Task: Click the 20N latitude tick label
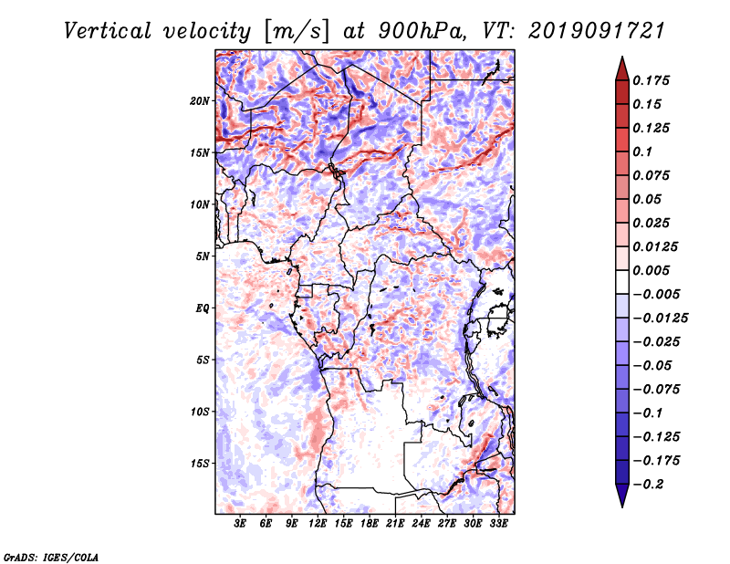coord(200,101)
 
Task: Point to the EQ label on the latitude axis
coord(202,308)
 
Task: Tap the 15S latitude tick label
coord(200,464)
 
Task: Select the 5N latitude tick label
coord(203,256)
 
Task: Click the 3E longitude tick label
coord(240,524)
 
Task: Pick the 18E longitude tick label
coord(370,524)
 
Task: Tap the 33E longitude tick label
coord(498,524)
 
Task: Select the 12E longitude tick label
coord(318,524)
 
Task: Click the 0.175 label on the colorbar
coord(651,80)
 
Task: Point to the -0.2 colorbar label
coord(648,485)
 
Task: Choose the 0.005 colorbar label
coord(651,270)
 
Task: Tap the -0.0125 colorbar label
coord(660,319)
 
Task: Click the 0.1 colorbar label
coord(642,151)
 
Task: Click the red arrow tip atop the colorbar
coord(622,57)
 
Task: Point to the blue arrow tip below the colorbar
coord(622,506)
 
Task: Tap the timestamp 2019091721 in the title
coord(597,31)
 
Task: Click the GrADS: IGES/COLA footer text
coord(51,557)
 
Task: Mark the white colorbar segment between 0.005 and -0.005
coord(622,282)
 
